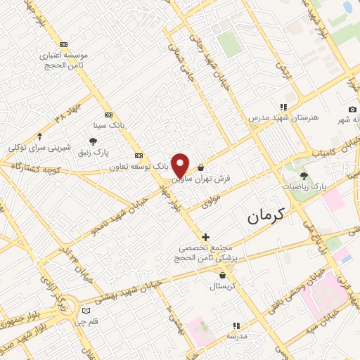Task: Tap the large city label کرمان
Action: coord(274,217)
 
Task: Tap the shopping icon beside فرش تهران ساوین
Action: coord(201,168)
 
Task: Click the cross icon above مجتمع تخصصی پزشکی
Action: coord(205,237)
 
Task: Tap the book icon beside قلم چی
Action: coord(86,310)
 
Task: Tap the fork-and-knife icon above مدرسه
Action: coord(236,326)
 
